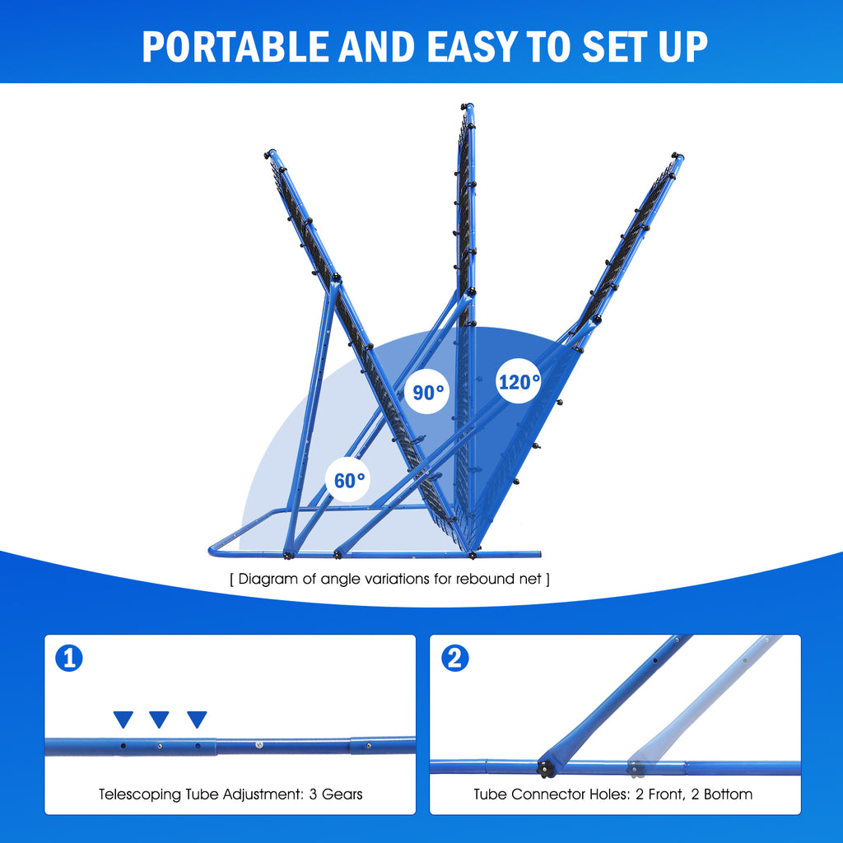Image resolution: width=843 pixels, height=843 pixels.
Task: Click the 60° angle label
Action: (x=351, y=480)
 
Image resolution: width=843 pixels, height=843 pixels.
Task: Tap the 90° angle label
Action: (x=429, y=393)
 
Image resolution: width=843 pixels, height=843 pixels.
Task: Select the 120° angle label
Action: (x=519, y=382)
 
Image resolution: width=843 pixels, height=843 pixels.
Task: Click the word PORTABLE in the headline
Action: (x=235, y=47)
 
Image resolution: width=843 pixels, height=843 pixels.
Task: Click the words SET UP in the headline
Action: (x=646, y=47)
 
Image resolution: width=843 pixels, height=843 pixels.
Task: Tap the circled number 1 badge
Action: (x=69, y=659)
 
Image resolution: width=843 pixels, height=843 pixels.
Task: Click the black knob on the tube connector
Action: (x=544, y=768)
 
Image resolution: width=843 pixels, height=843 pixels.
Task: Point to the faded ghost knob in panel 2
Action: (x=635, y=768)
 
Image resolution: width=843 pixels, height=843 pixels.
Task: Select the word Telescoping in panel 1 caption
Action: (x=137, y=794)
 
